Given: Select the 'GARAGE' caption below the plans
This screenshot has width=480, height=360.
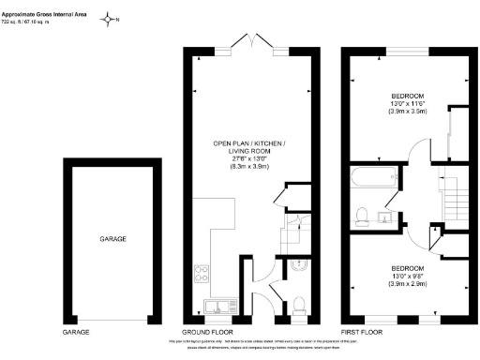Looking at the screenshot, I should (76, 333).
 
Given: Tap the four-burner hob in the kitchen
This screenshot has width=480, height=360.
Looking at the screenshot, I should (202, 275).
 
